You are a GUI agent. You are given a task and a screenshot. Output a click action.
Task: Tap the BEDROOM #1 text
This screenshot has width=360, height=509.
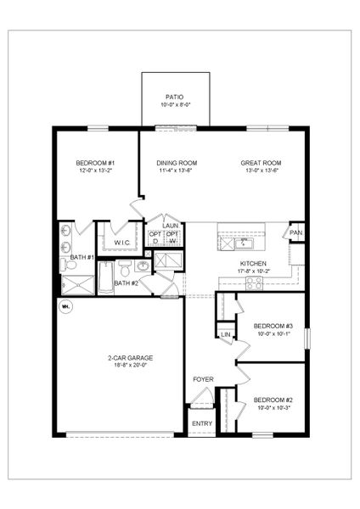pos(95,163)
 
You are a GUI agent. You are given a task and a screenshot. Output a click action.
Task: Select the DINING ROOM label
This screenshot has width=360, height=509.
pos(177,163)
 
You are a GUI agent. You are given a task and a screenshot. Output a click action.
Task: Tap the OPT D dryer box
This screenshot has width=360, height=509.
pos(155,237)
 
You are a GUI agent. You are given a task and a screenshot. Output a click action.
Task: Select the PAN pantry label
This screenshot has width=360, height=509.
pos(296,232)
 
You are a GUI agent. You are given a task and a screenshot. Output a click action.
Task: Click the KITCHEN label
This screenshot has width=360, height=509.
pos(254,264)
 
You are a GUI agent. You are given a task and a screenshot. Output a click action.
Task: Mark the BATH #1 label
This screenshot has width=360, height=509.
pos(81,256)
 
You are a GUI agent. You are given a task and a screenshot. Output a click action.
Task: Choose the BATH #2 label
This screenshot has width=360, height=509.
pos(126,282)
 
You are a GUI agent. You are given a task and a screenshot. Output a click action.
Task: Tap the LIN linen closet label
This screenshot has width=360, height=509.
pos(226,335)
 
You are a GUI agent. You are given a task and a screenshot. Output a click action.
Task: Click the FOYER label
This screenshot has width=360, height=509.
pos(203,379)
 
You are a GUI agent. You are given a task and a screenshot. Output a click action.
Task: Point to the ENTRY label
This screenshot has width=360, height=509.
pos(202,423)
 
